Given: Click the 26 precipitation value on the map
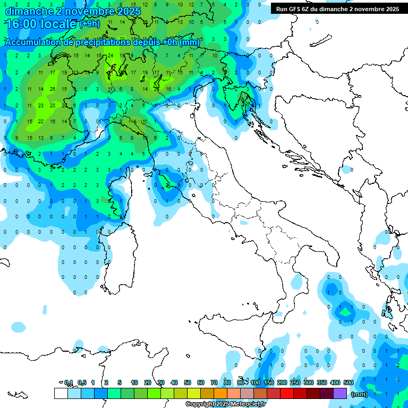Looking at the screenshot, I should (x=52, y=89).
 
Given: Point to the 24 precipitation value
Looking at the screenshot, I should (x=110, y=56).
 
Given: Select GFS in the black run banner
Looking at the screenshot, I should (x=296, y=9).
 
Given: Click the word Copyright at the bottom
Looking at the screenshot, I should (x=200, y=404).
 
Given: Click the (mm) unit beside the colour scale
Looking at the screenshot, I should (x=359, y=394).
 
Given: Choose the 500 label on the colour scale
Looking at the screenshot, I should (x=348, y=382).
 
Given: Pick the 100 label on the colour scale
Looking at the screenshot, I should (x=256, y=382).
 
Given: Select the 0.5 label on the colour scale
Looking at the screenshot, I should (x=82, y=382).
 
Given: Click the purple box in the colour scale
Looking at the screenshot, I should (x=340, y=394).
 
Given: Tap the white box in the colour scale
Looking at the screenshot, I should (x=61, y=394).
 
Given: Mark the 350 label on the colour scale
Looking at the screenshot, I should (x=322, y=382).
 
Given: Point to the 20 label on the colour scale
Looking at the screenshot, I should (x=148, y=382).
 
